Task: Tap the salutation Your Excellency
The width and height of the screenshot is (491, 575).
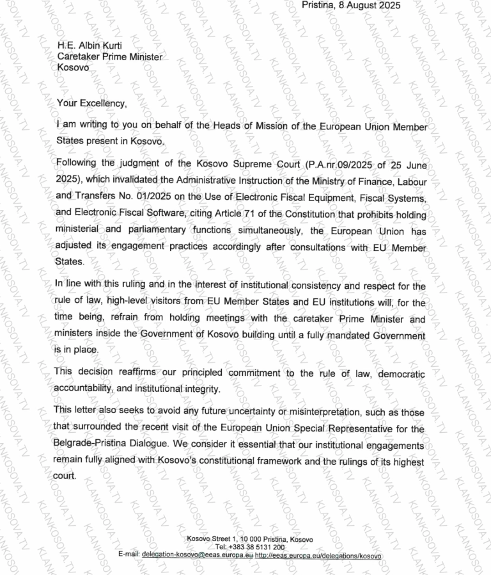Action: click(x=92, y=102)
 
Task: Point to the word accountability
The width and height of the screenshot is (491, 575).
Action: click(x=84, y=389)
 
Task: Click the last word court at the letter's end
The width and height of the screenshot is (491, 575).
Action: click(x=64, y=476)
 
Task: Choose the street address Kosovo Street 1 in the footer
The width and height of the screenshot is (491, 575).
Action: click(x=210, y=540)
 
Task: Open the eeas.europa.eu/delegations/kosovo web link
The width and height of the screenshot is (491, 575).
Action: click(x=318, y=555)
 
